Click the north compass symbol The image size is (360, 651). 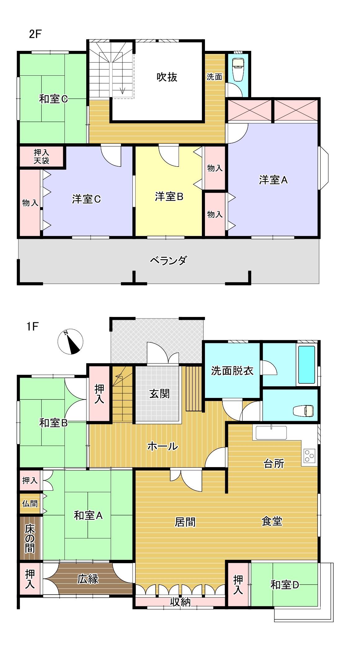tap(70, 341)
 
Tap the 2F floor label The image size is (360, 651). tap(35, 34)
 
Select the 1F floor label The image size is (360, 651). tap(32, 326)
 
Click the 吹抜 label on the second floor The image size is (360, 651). tap(167, 77)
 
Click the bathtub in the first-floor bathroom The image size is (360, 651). tap(306, 364)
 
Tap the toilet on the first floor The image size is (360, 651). tap(304, 410)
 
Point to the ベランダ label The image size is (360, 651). tap(168, 260)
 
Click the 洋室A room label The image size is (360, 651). tap(273, 180)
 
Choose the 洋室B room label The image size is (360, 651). tap(169, 196)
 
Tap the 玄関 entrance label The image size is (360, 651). tap(159, 394)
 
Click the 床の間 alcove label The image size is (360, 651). tap(30, 538)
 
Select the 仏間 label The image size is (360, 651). tap(30, 503)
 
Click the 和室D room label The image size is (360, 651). tap(284, 585)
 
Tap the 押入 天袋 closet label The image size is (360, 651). tap(41, 156)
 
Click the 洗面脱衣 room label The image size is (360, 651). tap(232, 371)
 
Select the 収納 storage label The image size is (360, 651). tap(180, 602)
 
